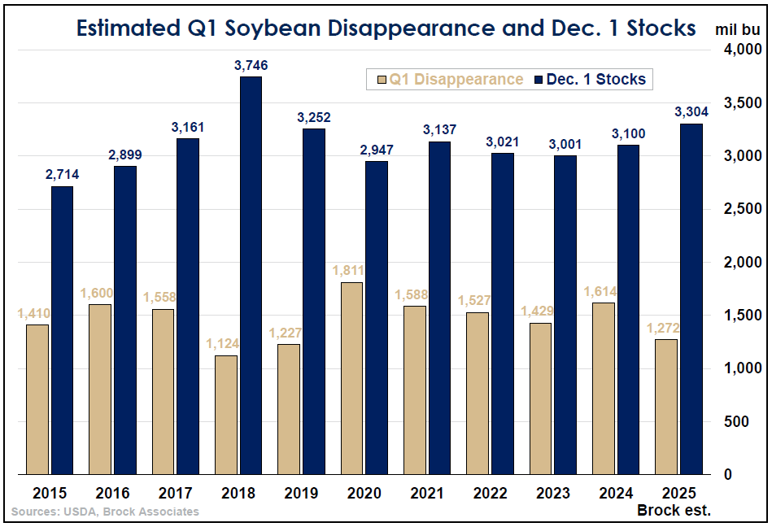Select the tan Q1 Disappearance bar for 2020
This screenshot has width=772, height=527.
click(351, 378)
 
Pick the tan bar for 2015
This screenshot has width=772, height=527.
click(37, 399)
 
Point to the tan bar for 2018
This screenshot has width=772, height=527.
click(226, 415)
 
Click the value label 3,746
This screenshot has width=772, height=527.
click(251, 65)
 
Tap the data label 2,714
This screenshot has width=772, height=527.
click(62, 175)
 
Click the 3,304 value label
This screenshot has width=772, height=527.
click(691, 112)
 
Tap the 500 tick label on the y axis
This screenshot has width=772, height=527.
click(736, 421)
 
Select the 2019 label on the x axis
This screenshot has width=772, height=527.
click(301, 493)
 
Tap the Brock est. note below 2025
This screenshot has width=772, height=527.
click(674, 511)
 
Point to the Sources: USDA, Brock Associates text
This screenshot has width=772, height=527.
click(105, 512)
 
